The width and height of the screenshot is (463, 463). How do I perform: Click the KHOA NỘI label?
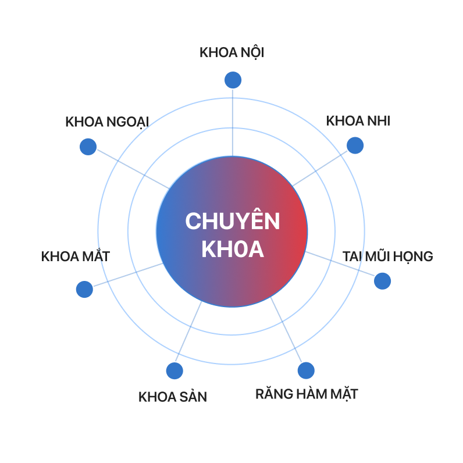(231, 53)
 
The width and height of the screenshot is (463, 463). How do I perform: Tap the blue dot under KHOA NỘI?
(233, 80)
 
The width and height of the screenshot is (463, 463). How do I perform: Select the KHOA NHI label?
(358, 122)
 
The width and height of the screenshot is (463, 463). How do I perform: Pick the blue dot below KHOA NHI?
(355, 145)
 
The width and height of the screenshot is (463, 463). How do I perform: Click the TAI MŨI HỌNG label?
(387, 257)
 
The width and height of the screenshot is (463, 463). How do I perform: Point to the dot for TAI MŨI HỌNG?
(382, 281)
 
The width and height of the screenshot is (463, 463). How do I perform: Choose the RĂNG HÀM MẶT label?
(307, 394)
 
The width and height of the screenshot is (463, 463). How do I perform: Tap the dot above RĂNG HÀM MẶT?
(306, 371)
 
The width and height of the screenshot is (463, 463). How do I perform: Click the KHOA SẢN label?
(173, 397)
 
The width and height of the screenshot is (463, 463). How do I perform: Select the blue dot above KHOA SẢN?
(174, 371)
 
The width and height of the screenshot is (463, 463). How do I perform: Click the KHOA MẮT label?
(76, 257)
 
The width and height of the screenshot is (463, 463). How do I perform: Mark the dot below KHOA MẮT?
(84, 289)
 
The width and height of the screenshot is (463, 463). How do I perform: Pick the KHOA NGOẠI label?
(107, 122)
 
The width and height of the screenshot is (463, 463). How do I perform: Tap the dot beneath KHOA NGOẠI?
(88, 147)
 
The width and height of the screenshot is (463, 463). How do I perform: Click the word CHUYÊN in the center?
(232, 222)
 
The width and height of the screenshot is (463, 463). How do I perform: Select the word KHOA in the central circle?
(232, 250)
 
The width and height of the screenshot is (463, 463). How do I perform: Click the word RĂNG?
(273, 394)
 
